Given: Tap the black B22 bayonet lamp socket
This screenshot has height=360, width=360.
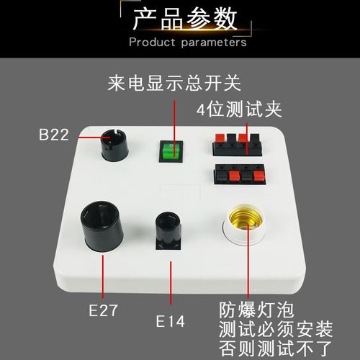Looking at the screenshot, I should pyautogui.click(x=114, y=145).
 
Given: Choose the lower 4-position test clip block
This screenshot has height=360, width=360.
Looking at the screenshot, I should pyautogui.click(x=237, y=176).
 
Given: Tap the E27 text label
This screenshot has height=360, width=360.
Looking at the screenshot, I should pyautogui.click(x=103, y=311).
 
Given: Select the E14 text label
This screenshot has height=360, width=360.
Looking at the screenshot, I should pyautogui.click(x=171, y=321).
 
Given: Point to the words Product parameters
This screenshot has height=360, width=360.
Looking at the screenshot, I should pyautogui.click(x=187, y=42).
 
